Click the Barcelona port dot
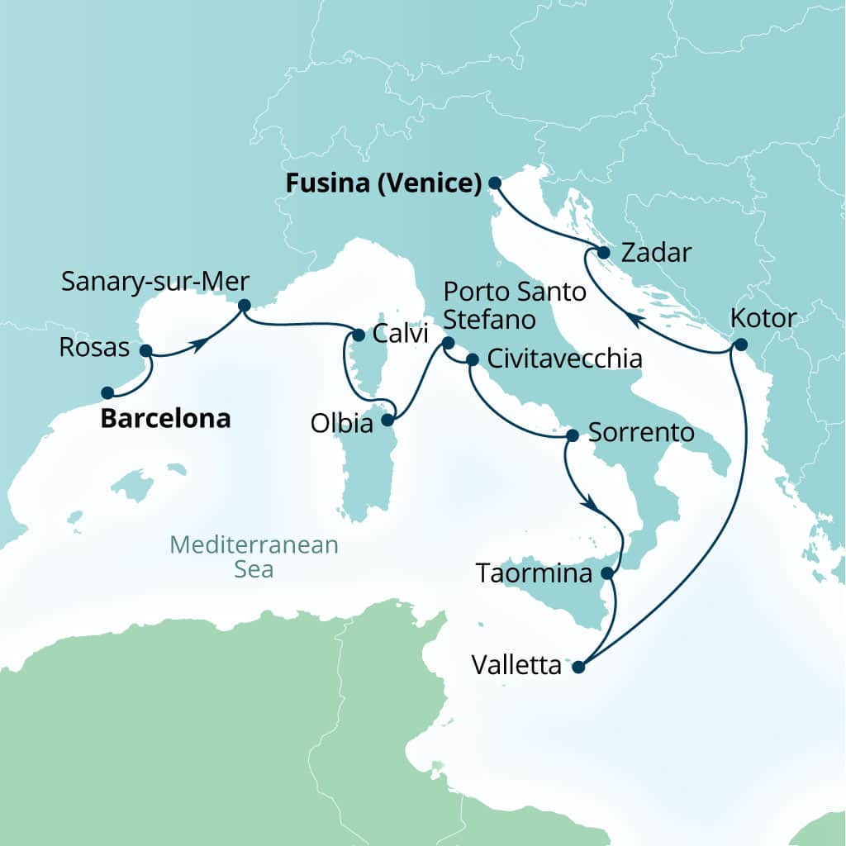pos(107,392)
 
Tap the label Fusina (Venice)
pos(383,183)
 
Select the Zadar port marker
pos(604,253)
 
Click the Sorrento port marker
pos(569,435)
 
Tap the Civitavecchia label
pos(565,359)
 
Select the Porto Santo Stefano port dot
pos(448,343)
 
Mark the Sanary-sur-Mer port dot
pos(244,305)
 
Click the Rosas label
pos(94,349)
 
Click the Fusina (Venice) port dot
pos(495,183)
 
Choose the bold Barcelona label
pos(165,419)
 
